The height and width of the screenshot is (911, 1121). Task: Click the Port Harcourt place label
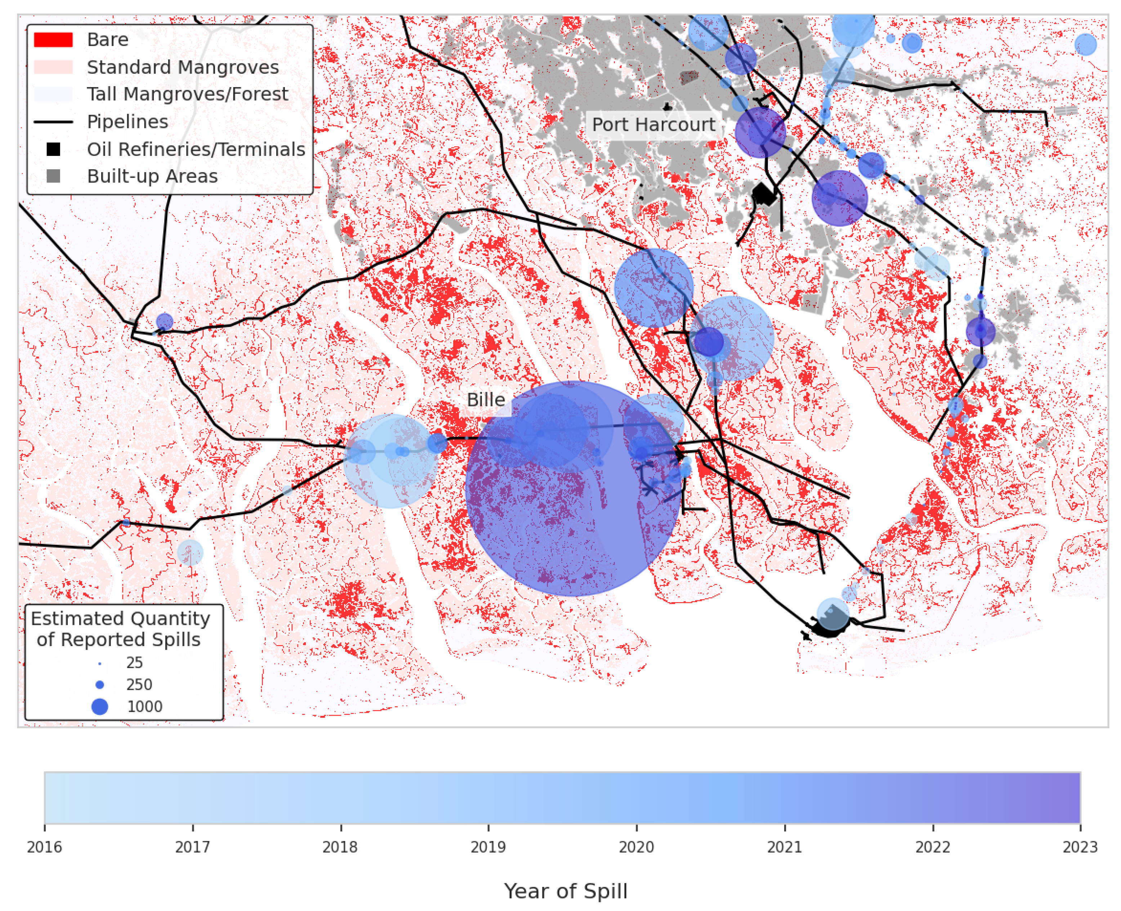653,125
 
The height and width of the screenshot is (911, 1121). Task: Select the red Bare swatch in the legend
53,40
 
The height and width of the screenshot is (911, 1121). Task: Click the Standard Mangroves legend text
183,67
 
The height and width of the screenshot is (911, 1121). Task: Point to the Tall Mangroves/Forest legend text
187,94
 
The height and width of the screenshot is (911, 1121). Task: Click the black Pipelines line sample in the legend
53,122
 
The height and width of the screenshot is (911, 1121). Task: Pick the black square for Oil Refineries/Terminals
53,150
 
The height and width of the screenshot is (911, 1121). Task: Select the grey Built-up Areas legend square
53,176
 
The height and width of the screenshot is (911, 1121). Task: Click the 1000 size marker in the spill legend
100,707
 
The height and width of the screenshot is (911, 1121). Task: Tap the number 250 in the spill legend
139,685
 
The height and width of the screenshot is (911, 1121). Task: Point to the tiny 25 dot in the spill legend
100,664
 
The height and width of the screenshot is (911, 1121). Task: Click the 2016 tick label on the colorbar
45,847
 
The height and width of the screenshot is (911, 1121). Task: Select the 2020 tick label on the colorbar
637,847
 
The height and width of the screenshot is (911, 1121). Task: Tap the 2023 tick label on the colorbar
1080,847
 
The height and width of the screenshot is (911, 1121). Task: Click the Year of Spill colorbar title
566,891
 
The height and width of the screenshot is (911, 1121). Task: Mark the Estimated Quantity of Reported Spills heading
120,629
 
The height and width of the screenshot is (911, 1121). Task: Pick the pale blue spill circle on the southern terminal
833,613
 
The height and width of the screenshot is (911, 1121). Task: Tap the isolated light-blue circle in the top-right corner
1085,45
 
